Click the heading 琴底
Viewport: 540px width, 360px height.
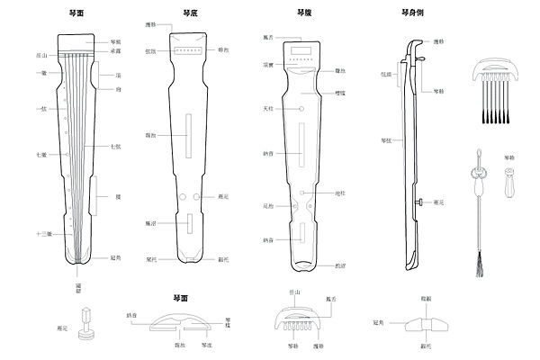(189, 13)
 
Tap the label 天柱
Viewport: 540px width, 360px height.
(267, 109)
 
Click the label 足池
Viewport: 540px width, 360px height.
(267, 205)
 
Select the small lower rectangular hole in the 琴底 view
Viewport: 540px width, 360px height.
(189, 224)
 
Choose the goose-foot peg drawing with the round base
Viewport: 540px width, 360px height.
(87, 325)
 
